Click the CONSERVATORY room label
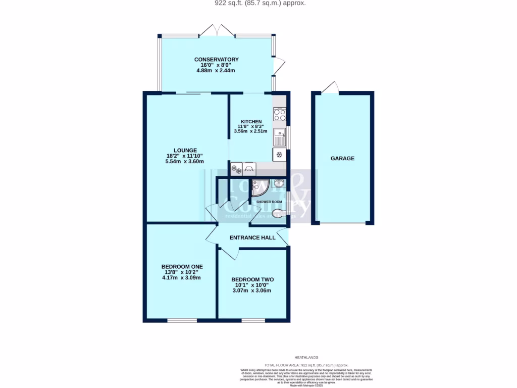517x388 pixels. pos(216,60)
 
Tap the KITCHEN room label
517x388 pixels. pos(251,122)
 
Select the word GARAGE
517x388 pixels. pos(342,158)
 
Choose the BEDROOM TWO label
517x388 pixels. pos(252,279)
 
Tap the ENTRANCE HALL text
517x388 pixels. pos(252,237)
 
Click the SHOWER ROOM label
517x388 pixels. pos(269,202)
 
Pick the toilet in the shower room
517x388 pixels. pos(278,214)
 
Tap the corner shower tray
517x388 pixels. pos(260,188)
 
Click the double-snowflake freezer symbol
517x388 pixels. pos(236,169)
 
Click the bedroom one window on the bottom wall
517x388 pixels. pos(182,320)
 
